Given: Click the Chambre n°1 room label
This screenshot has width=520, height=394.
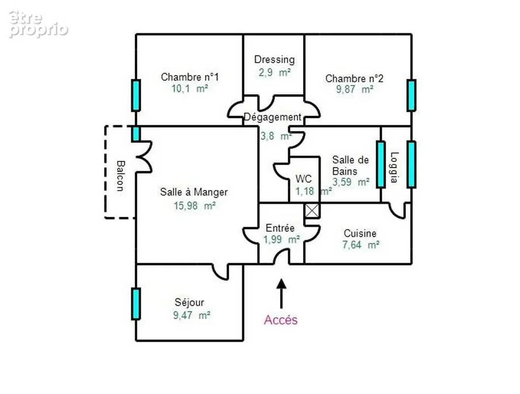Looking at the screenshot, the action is click(x=190, y=77).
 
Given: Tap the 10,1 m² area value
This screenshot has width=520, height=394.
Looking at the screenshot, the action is click(x=190, y=89).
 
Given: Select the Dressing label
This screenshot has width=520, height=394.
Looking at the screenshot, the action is click(x=274, y=60).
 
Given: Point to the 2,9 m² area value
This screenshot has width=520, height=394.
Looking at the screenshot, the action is click(x=275, y=72).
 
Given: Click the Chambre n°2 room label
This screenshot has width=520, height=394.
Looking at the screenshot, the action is click(x=354, y=78).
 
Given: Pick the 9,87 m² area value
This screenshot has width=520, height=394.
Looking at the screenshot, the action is click(x=355, y=89).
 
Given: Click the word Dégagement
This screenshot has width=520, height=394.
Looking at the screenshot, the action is click(x=273, y=117).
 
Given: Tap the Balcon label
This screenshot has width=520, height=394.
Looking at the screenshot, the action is click(x=121, y=176).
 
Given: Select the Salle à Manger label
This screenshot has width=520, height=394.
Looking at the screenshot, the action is click(x=194, y=192).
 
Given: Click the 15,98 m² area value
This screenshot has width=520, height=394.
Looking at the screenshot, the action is click(x=195, y=206).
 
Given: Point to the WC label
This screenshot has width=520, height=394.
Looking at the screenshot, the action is click(x=304, y=179).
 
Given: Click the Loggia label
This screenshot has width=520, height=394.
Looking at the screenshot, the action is click(x=394, y=167).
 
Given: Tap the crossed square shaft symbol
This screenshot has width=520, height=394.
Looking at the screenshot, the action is click(x=312, y=210).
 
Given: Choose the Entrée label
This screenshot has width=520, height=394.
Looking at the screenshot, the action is click(x=280, y=228).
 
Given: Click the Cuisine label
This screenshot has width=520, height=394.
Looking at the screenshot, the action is click(x=360, y=233).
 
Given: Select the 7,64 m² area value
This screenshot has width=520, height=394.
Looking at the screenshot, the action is click(x=361, y=245).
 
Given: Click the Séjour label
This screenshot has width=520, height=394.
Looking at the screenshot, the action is click(x=189, y=302).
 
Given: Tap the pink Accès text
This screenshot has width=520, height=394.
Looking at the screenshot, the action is click(x=281, y=320).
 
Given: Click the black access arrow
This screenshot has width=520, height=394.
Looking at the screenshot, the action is click(x=281, y=294).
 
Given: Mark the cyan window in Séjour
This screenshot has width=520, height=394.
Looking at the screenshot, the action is click(x=136, y=304).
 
